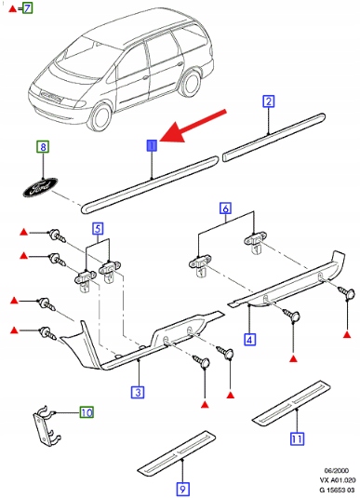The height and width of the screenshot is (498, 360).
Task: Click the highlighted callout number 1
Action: tap(152, 146)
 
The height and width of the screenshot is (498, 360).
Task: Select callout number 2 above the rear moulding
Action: tap(269, 101)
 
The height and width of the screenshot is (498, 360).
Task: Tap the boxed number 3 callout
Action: tap(138, 392)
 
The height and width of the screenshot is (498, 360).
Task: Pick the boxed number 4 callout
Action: tap(250, 340)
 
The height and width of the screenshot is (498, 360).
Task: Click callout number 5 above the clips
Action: tap(98, 229)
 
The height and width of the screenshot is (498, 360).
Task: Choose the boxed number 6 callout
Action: tap(225, 209)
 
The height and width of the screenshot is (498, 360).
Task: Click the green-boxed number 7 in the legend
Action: tap(28, 7)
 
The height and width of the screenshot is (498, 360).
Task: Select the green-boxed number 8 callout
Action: tap(43, 147)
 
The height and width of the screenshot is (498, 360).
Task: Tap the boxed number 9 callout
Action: tap(182, 489)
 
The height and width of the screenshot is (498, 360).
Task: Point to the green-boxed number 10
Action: tap(87, 412)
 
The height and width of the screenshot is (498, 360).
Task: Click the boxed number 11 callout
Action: tap(297, 439)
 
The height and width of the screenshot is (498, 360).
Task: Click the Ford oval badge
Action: tap(40, 187)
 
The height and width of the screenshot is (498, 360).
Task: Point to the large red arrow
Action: tap(193, 126)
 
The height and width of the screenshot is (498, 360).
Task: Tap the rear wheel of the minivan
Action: tap(190, 83)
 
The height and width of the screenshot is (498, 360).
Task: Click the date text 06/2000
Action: tap(336, 470)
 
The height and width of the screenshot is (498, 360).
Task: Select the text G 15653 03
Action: tap(338, 490)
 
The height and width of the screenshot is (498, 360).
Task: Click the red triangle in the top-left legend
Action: tap(12, 8)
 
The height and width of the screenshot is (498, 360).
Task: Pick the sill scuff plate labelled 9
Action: tap(177, 452)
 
